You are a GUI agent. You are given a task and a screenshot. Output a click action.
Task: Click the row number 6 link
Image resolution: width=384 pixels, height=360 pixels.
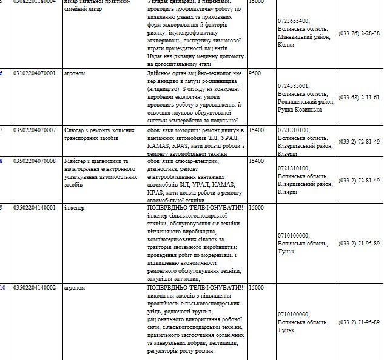[x=2, y=73]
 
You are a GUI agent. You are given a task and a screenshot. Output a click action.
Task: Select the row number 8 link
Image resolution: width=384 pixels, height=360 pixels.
[x=2, y=161]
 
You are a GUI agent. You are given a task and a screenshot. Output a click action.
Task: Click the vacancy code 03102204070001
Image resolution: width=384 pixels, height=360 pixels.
[x=34, y=73]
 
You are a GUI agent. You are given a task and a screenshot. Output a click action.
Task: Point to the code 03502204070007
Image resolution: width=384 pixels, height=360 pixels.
[x=34, y=130]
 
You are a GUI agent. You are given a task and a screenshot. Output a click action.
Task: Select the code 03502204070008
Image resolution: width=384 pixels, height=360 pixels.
[x=34, y=161]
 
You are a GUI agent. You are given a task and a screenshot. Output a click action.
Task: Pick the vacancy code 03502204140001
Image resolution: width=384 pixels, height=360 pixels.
[x=34, y=208]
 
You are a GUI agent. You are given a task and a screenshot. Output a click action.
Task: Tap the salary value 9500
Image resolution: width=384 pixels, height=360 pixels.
[x=255, y=73]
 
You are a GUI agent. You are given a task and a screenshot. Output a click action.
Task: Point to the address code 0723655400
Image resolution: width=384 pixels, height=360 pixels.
[x=293, y=21]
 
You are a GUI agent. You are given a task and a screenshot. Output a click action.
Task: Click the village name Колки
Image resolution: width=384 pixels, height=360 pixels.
[x=286, y=45]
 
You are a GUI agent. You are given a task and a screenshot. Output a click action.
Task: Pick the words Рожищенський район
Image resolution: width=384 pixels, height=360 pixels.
[x=306, y=102]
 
